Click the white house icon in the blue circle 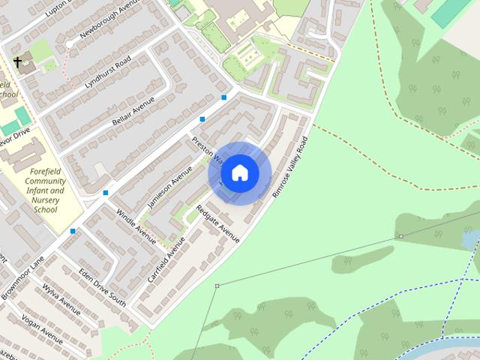point(240,173)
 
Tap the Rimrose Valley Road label point(289,167)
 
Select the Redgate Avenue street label point(217,223)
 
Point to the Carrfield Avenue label point(166,259)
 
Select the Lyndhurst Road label point(108,72)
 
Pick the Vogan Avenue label point(42,330)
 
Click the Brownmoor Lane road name point(22,277)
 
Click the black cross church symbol point(18,61)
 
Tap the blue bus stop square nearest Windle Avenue point(106,193)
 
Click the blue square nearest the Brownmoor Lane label point(73,231)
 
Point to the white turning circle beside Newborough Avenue point(70,44)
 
